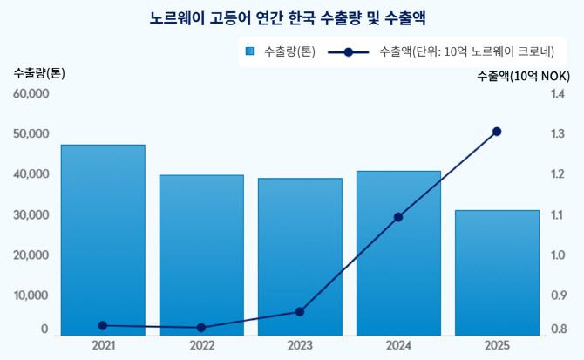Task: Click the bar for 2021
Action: click(103, 240)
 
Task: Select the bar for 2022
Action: click(201, 255)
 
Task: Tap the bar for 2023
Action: click(300, 256)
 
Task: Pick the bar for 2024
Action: click(398, 253)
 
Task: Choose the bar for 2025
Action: click(497, 272)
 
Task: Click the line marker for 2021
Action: click(103, 326)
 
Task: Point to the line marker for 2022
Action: click(201, 328)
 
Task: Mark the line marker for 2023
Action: click(300, 312)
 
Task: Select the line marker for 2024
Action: click(398, 217)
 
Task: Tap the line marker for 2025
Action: click(497, 132)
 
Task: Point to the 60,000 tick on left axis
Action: click(31, 93)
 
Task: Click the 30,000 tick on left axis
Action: click(31, 214)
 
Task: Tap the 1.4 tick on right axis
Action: click(558, 93)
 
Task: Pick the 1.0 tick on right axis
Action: click(558, 255)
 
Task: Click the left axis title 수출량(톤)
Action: click(39, 73)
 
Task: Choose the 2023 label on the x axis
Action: click(300, 345)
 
